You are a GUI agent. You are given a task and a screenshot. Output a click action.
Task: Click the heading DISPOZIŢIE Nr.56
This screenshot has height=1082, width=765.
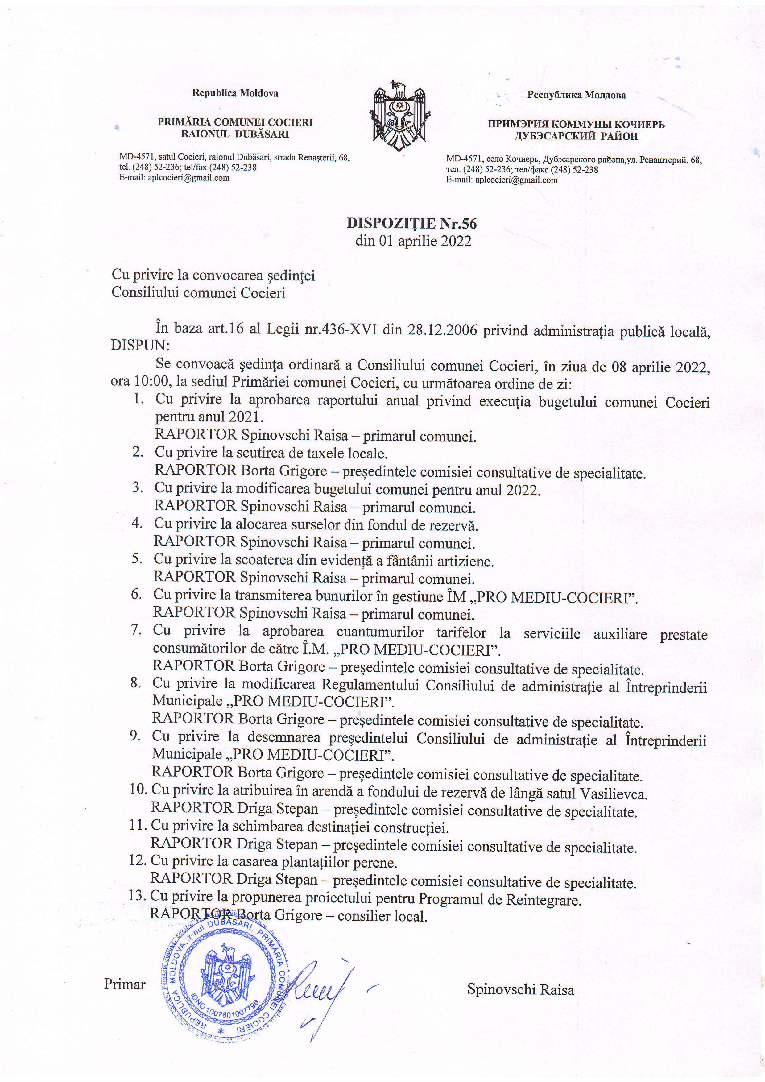pyautogui.click(x=412, y=223)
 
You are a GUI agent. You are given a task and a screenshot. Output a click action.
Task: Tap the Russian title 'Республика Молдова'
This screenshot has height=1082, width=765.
pyautogui.click(x=576, y=95)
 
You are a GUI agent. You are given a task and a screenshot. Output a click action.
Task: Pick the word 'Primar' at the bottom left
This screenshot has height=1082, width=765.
pyautogui.click(x=124, y=971)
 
